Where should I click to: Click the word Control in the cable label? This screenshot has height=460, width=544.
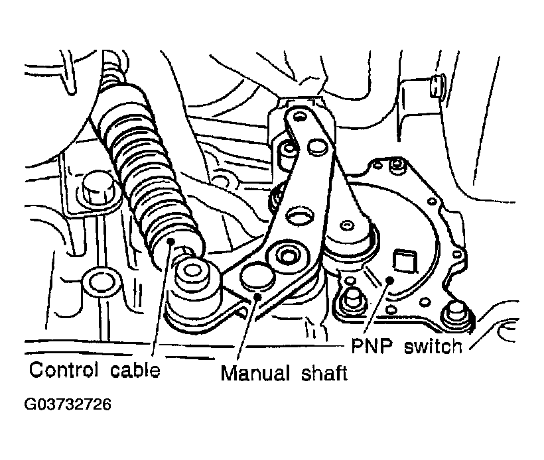(x=64, y=370)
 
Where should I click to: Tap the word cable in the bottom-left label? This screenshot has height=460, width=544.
(x=135, y=370)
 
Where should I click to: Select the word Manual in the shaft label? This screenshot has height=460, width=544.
(x=255, y=373)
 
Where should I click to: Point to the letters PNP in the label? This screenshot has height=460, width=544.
(x=372, y=345)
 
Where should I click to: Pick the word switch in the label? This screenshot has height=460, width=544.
(x=433, y=346)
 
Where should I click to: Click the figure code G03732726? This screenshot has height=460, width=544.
(x=68, y=404)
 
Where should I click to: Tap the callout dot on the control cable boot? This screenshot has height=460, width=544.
(x=170, y=241)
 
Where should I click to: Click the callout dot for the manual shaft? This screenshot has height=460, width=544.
(x=257, y=296)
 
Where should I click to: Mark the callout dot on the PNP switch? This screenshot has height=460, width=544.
(x=389, y=280)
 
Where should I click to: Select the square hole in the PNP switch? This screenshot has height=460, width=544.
(x=404, y=259)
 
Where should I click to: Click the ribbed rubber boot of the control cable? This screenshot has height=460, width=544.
(x=146, y=170)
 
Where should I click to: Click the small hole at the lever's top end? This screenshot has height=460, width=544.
(x=299, y=116)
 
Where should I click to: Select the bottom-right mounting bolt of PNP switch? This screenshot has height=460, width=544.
(x=454, y=316)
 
